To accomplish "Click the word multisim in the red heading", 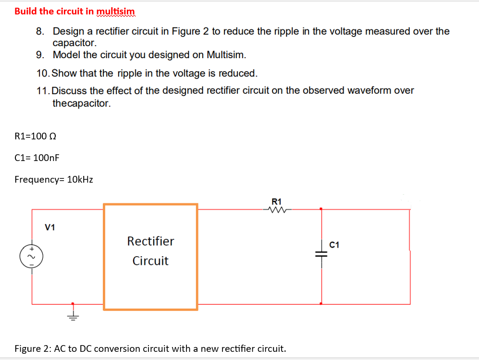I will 116,11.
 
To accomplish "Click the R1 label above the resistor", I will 277,201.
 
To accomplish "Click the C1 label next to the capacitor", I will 335,245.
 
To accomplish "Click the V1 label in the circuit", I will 50,227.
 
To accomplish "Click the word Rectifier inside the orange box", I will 150,241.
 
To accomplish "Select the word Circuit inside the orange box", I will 150,261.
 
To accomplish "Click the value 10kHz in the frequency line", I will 80,180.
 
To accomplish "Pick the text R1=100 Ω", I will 36,136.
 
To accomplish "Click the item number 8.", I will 40,32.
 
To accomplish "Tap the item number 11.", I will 42,90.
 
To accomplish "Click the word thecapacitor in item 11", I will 82,103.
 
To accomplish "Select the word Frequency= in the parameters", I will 40,180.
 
